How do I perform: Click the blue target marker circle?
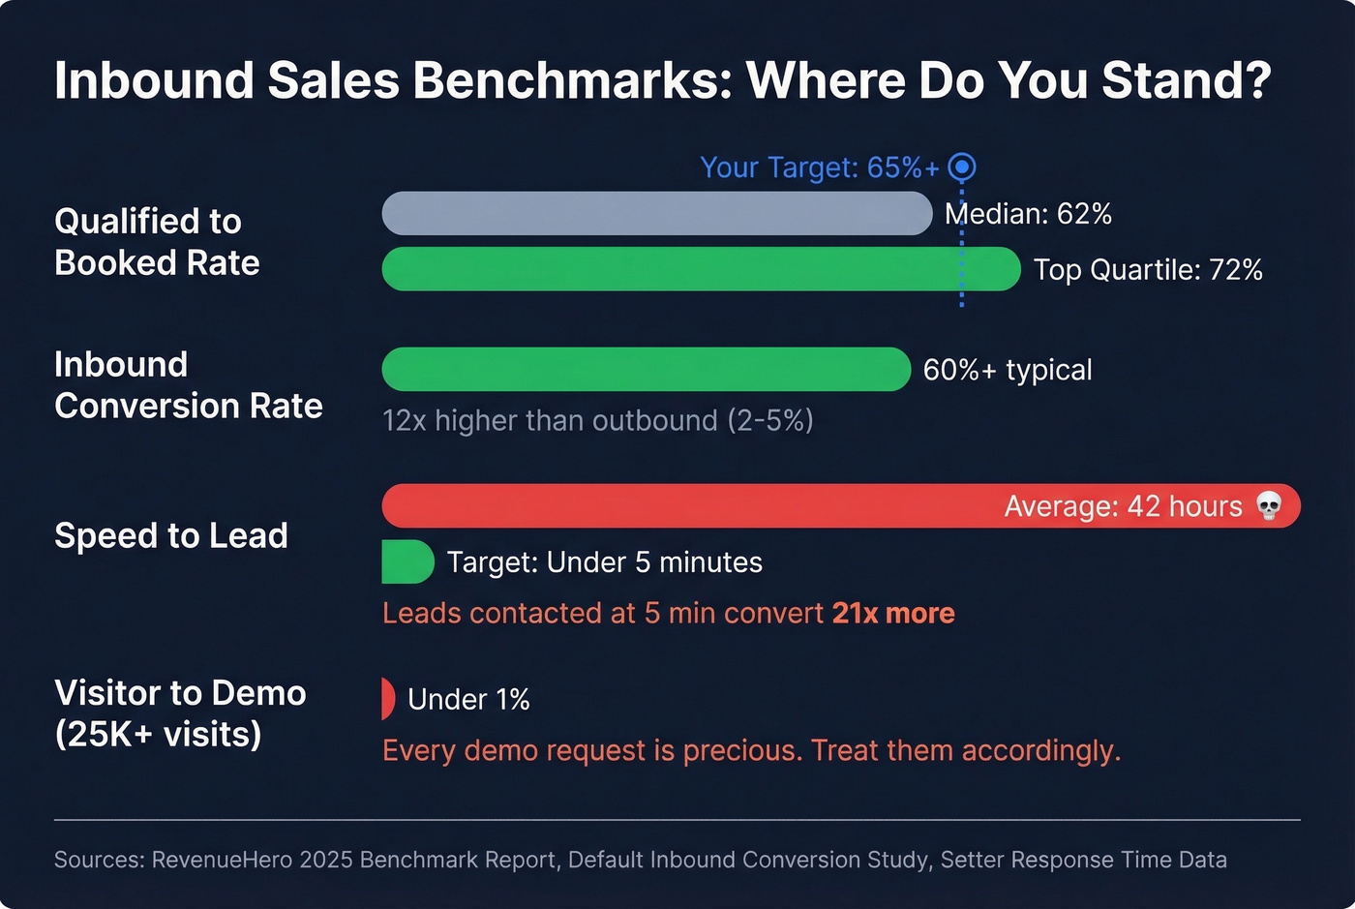point(961,167)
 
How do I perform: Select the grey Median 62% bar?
point(656,213)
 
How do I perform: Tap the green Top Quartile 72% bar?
point(701,269)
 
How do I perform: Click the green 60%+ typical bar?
point(646,369)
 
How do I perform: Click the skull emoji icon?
point(1268,505)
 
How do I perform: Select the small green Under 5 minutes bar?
point(406,561)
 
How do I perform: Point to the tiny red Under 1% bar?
point(388,699)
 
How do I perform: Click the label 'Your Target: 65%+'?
point(819,167)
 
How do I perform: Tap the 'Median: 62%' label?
point(1028,214)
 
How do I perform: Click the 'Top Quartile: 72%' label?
point(1147,270)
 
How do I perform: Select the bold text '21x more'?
point(892,613)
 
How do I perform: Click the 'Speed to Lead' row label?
point(171,535)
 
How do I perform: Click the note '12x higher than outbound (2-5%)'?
point(597,420)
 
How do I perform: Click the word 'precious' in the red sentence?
point(742,750)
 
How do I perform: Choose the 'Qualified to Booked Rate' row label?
point(157,242)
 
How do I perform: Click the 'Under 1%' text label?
point(468,699)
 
